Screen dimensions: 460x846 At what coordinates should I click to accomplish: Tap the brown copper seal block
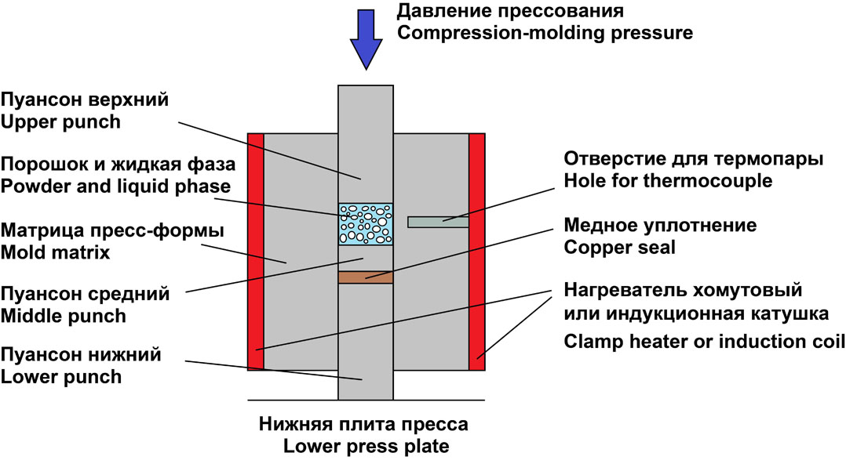pos(366,277)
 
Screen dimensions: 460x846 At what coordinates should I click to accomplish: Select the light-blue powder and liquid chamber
pos(366,223)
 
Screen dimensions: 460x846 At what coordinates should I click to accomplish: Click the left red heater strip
pos(255,251)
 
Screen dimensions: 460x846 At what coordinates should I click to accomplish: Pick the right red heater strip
pos(477,251)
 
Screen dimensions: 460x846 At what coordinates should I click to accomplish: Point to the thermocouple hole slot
pos(438,222)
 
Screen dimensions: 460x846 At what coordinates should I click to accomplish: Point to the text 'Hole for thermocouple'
pos(668,181)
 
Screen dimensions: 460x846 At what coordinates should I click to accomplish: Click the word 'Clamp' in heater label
pos(589,342)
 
